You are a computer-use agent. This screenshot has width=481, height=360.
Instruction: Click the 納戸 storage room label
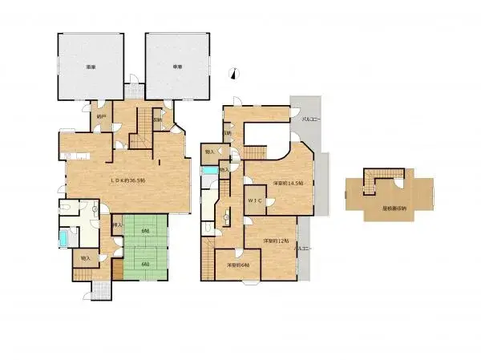pyautogui.click(x=100, y=116)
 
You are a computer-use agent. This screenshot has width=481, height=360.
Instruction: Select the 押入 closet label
pyautogui.click(x=117, y=225)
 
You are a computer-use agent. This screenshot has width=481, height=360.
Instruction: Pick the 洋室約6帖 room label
pyautogui.click(x=237, y=265)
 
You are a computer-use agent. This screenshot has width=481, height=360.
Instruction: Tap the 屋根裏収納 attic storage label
pyautogui.click(x=394, y=208)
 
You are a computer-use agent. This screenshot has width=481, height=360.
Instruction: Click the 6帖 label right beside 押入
pyautogui.click(x=144, y=232)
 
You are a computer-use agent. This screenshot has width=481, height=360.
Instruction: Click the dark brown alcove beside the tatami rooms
pyautogui.click(x=117, y=270)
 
